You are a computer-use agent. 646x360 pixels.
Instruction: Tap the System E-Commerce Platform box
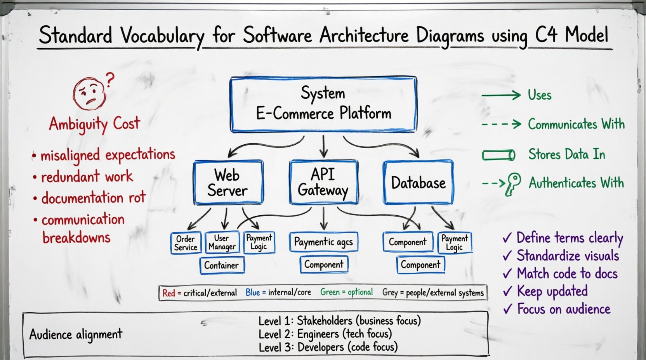[x=323, y=104]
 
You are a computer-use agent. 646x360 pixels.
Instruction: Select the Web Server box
[x=228, y=183]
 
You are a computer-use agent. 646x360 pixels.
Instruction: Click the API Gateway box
[x=323, y=182]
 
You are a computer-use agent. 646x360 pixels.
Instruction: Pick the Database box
[x=418, y=183]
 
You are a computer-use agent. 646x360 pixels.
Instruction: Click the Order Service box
[x=186, y=243]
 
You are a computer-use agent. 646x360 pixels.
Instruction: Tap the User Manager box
[x=222, y=243]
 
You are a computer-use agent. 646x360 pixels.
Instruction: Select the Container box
[x=222, y=265]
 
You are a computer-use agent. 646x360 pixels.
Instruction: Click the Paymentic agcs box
[x=323, y=242]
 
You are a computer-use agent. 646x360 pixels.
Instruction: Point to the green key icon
[x=512, y=183]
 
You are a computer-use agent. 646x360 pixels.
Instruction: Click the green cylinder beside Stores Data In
[x=498, y=155]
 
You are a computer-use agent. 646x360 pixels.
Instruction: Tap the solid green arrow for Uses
[x=501, y=95]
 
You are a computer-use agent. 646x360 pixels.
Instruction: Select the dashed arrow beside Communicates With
[x=501, y=125]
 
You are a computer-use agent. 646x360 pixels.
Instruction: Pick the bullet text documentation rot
[x=93, y=198]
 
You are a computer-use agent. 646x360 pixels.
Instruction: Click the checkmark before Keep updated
[x=507, y=292]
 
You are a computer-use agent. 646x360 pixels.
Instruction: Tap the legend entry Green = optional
[x=346, y=292]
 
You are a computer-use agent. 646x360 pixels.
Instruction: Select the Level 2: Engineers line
[x=325, y=334]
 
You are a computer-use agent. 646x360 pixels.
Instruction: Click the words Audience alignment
[x=76, y=334]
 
